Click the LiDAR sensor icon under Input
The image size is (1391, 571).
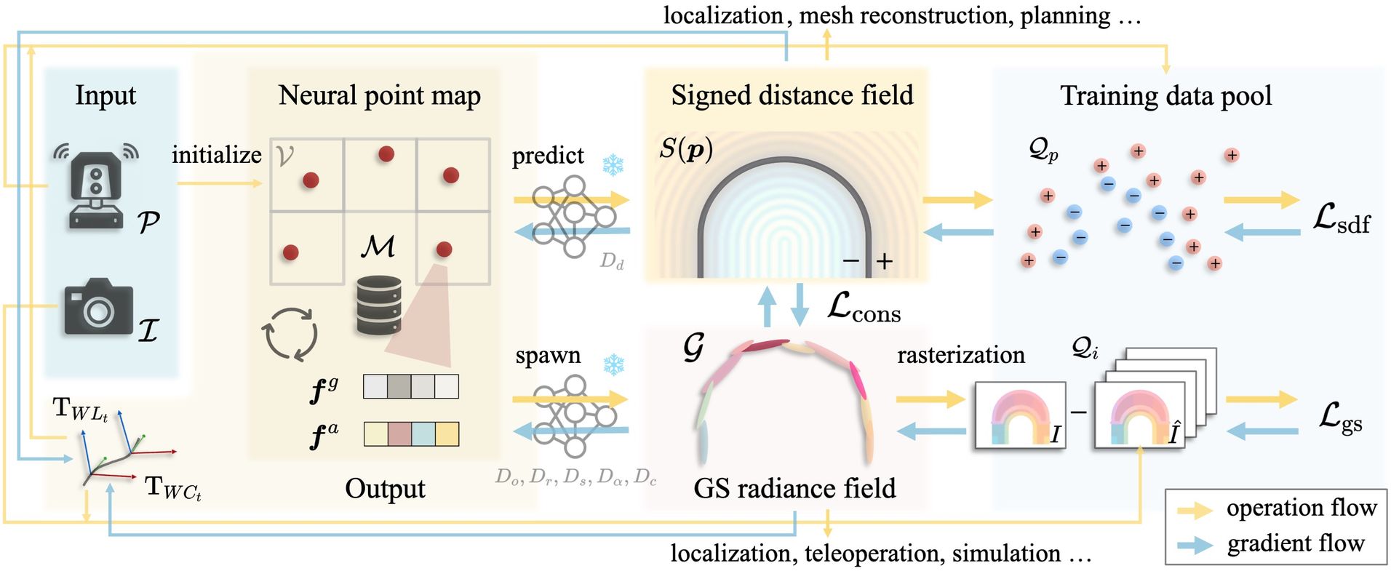click(x=96, y=187)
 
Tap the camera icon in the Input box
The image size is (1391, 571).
click(x=97, y=307)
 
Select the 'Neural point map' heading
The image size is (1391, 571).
click(x=379, y=95)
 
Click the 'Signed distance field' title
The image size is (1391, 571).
click(x=792, y=95)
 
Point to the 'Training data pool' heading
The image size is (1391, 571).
click(x=1165, y=95)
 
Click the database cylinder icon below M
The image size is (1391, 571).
click(x=379, y=306)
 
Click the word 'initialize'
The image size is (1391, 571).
click(x=216, y=154)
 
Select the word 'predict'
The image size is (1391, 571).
click(x=547, y=155)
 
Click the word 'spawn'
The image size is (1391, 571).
click(x=548, y=355)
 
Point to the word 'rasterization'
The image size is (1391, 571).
click(x=960, y=354)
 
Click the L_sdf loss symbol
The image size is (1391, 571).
click(x=1341, y=218)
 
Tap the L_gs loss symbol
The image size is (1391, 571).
click(x=1340, y=418)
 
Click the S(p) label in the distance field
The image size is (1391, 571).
click(x=685, y=148)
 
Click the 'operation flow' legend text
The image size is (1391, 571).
click(x=1301, y=508)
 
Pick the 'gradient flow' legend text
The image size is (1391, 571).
click(x=1295, y=543)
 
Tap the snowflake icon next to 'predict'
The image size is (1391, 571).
click(x=613, y=164)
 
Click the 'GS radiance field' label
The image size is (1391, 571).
click(x=794, y=488)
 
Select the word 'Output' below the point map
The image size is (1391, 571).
click(x=385, y=488)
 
